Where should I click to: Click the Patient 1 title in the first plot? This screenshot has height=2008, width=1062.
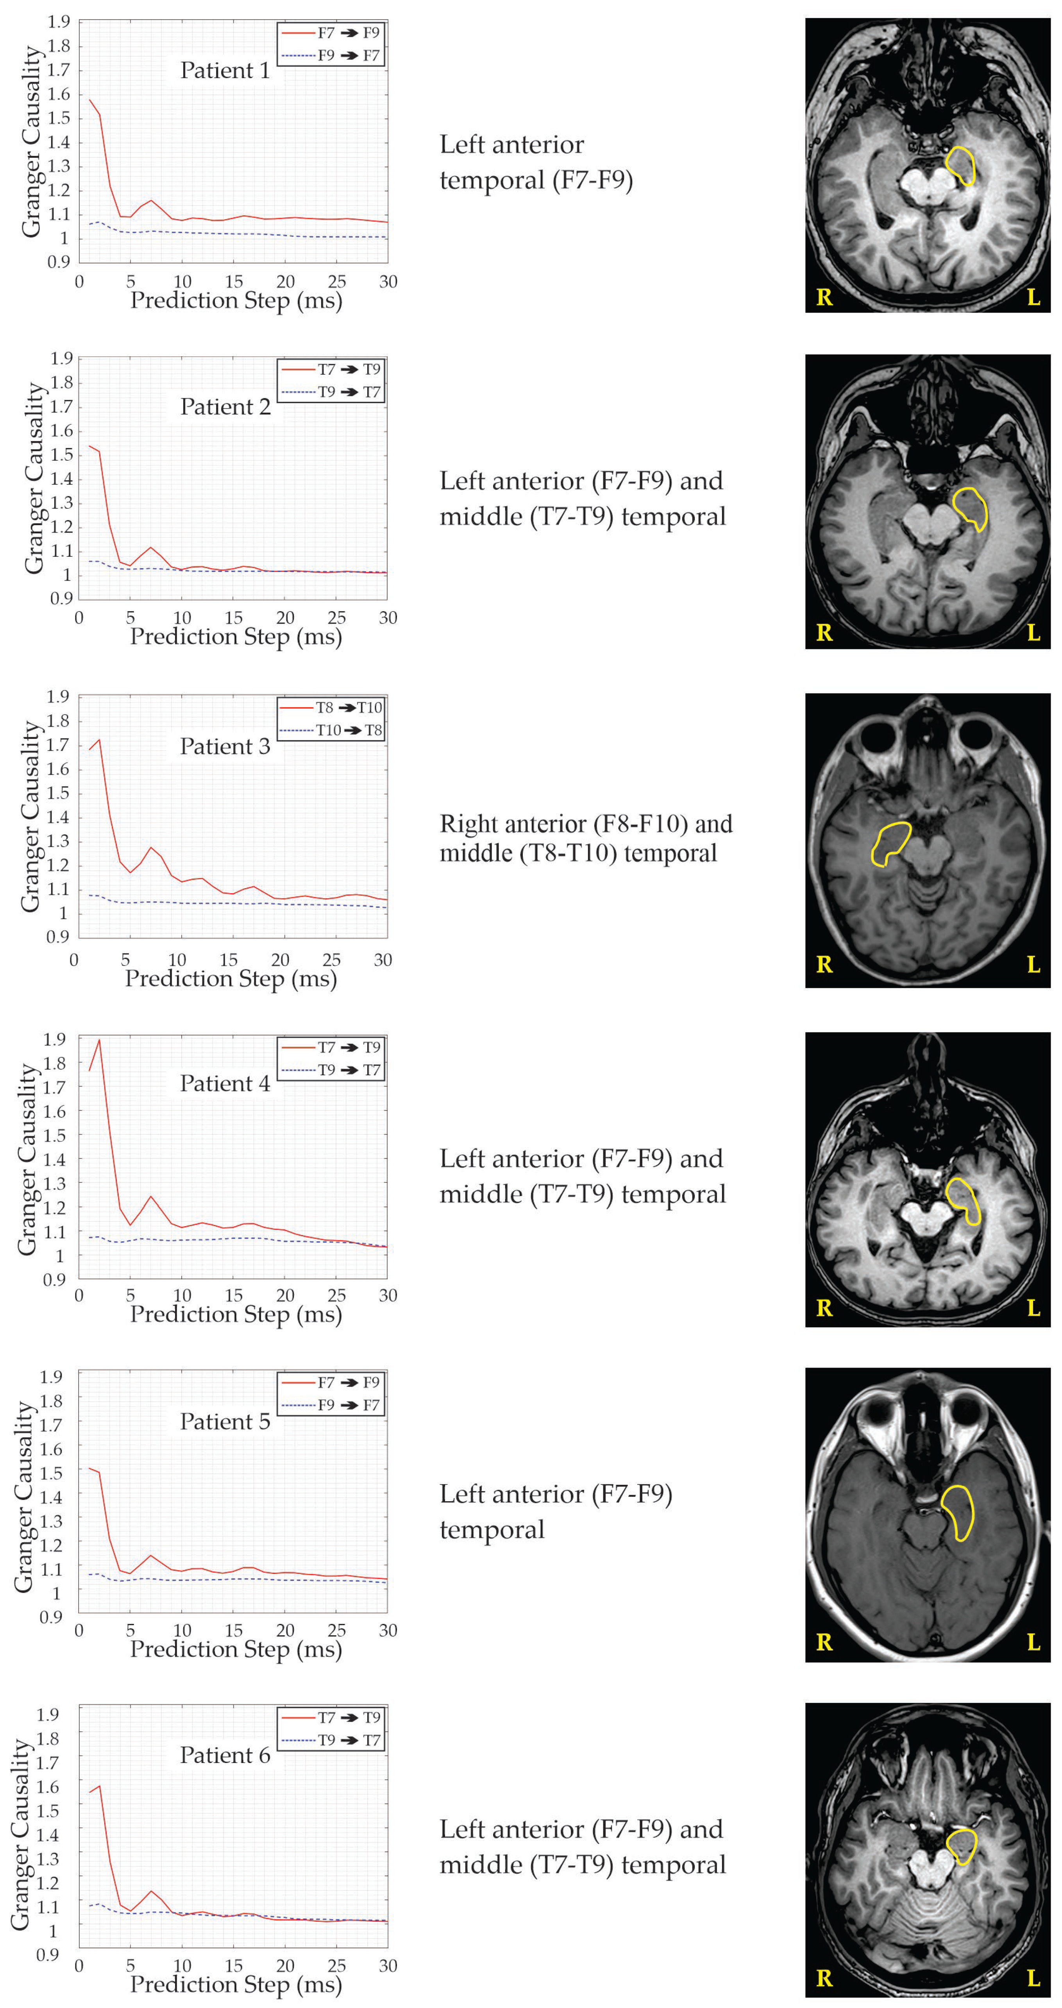click(225, 71)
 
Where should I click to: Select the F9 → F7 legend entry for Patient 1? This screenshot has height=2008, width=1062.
click(347, 55)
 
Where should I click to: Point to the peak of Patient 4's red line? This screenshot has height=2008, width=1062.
click(99, 1040)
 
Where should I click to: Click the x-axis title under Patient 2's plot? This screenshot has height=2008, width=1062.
click(236, 637)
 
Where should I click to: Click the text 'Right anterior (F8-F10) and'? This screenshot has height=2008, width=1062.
click(586, 824)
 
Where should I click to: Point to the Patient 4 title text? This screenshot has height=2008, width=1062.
click(225, 1084)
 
